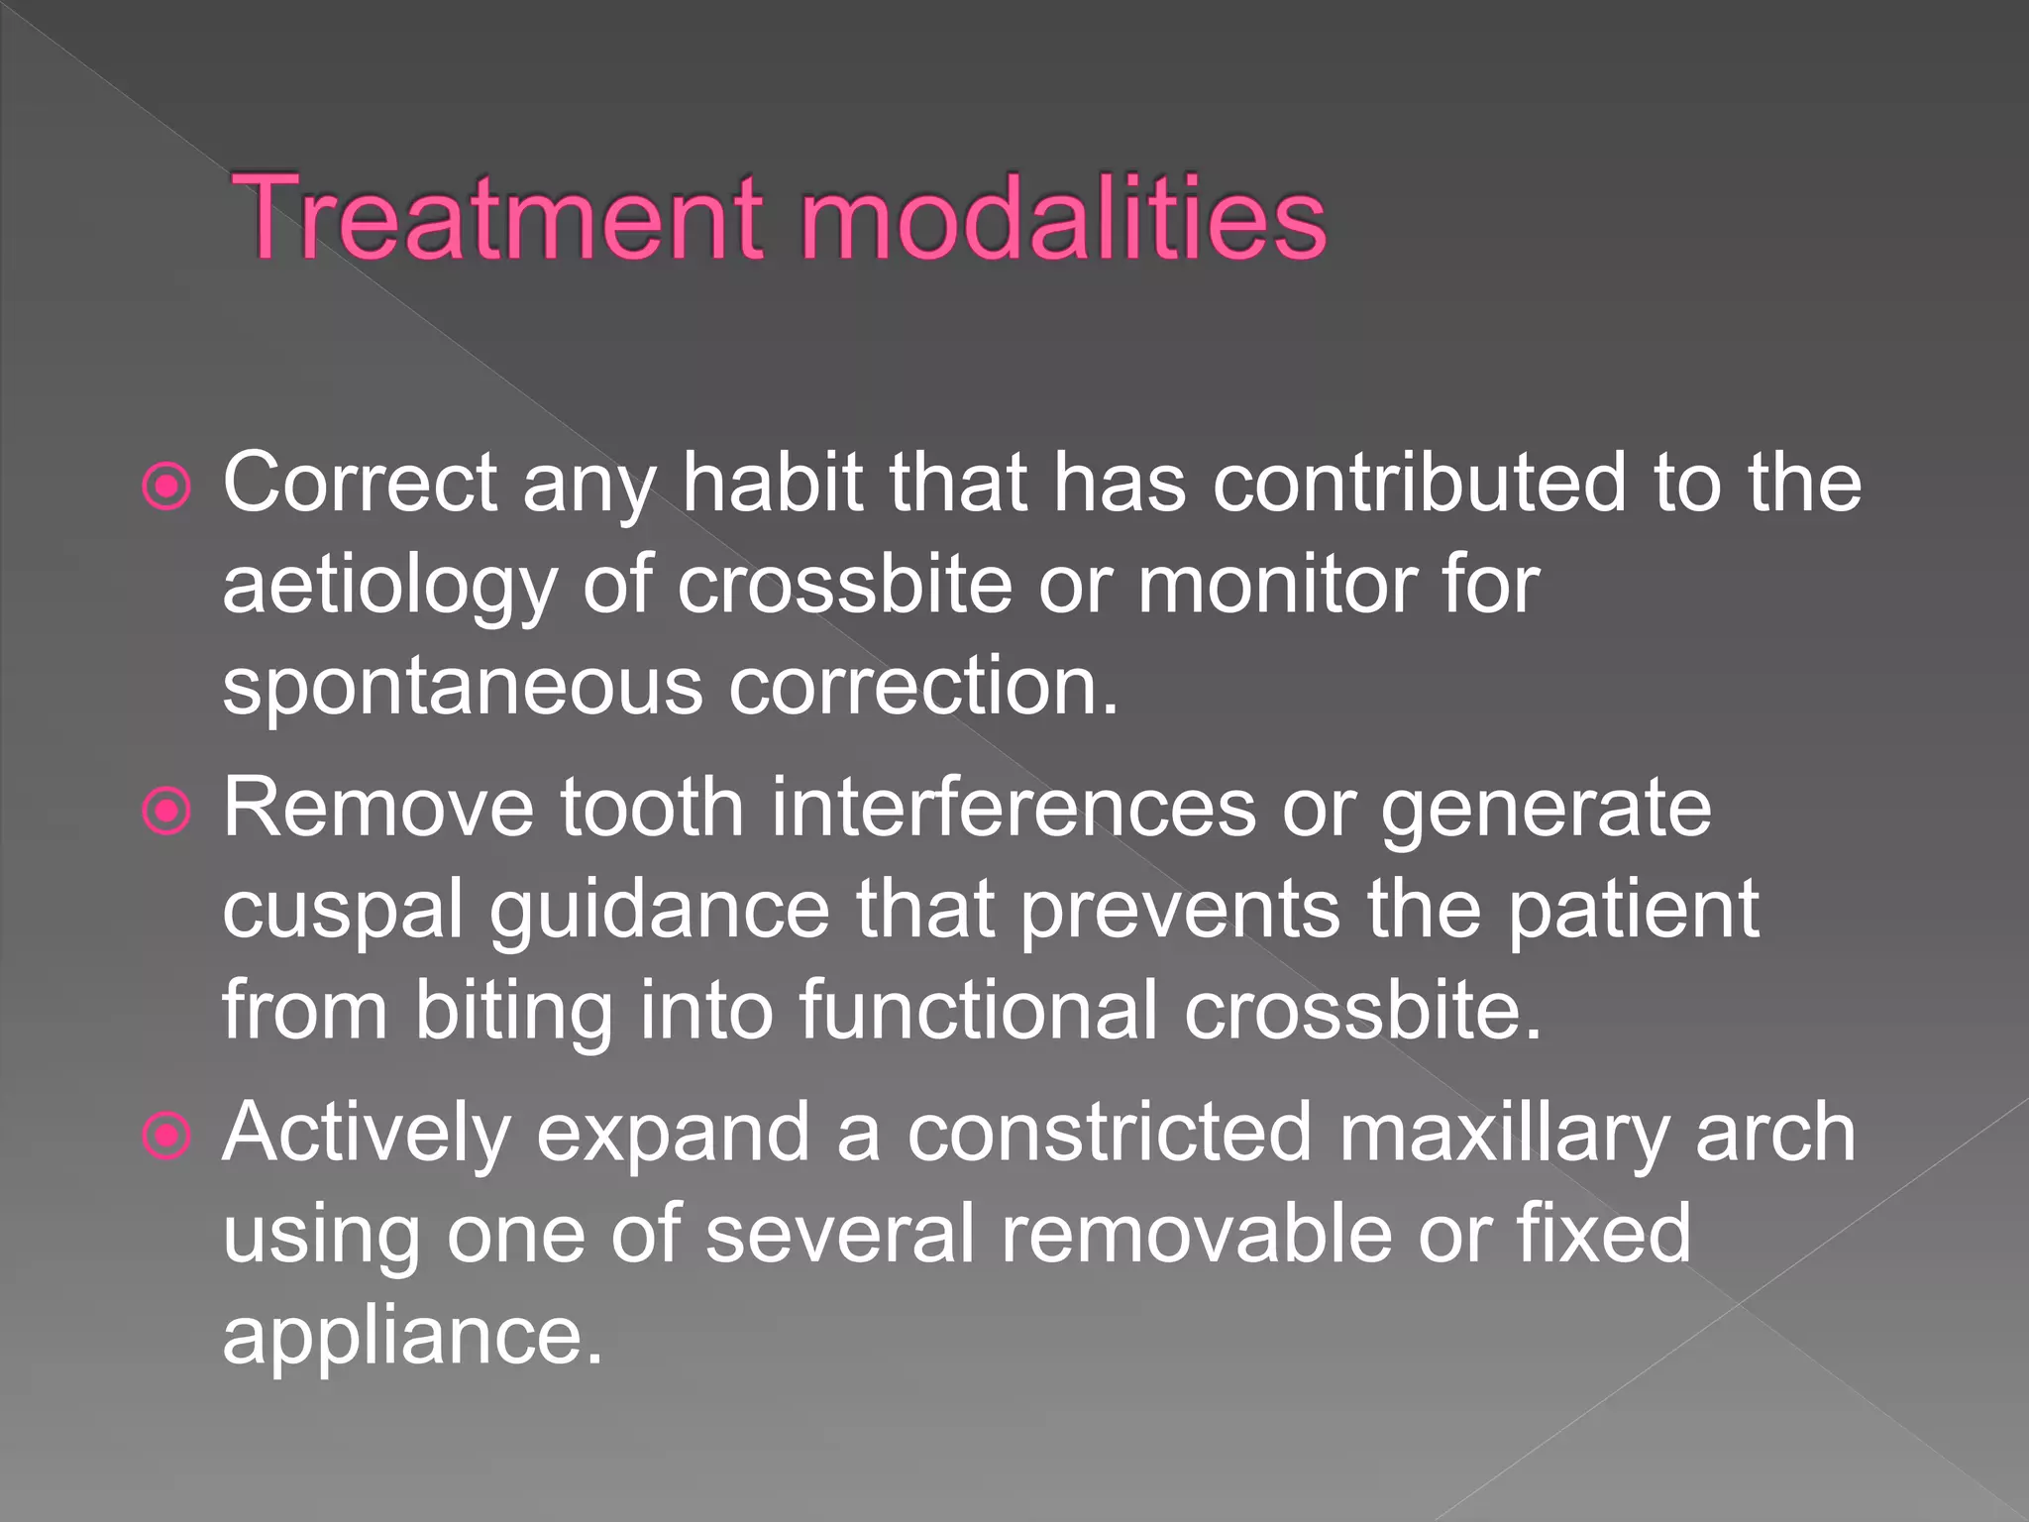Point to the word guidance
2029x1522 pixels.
659,912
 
